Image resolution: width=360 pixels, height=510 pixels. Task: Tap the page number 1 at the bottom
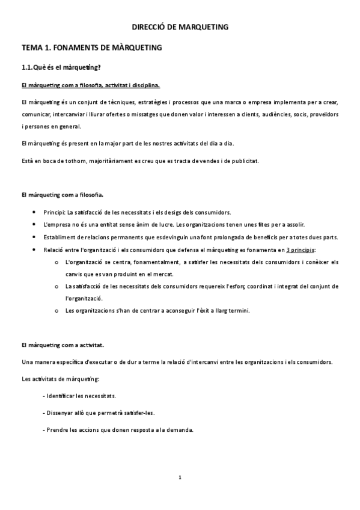(180, 478)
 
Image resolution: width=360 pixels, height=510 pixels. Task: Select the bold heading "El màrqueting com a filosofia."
(62, 195)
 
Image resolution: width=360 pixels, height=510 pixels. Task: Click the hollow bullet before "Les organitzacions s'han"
(56, 310)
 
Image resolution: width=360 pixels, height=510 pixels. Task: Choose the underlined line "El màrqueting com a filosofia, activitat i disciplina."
(90, 85)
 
